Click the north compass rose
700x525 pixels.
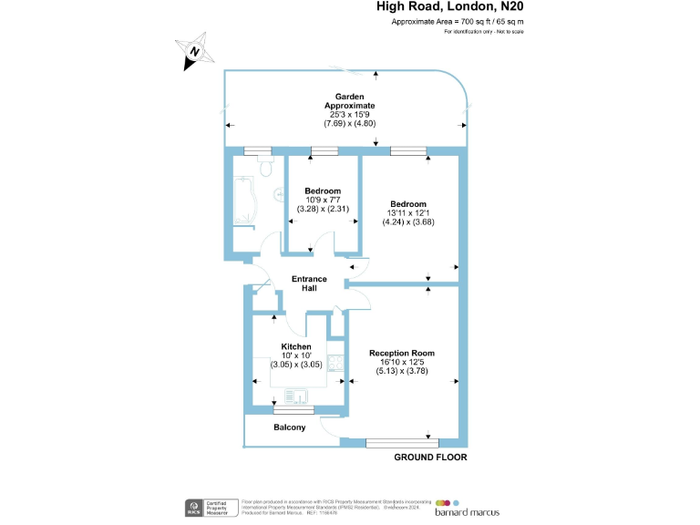tap(193, 52)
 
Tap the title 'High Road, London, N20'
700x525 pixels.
tap(451, 7)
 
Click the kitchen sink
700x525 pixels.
tap(295, 396)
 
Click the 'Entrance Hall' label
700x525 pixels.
tap(309, 283)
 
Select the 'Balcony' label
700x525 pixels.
tap(290, 427)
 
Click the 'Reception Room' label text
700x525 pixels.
tap(401, 353)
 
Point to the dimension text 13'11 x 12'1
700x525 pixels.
tap(408, 212)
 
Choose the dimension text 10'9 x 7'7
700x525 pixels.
tap(323, 200)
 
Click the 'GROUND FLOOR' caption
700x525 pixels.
tap(429, 458)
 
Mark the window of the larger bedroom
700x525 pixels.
tap(403, 150)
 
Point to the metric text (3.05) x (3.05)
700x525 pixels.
tap(296, 365)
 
